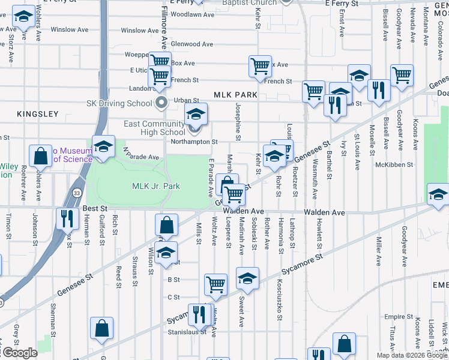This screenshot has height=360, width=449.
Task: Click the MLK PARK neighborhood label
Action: click(235, 95)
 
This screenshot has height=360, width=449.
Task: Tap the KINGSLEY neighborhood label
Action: click(38, 113)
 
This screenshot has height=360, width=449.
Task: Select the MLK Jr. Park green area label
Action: click(156, 186)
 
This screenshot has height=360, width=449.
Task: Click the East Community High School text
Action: click(154, 128)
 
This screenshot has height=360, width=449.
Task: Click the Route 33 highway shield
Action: click(77, 193)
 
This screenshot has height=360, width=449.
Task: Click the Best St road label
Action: click(94, 208)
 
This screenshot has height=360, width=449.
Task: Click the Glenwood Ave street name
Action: click(192, 44)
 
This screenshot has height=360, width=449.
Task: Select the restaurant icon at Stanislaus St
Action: click(199, 314)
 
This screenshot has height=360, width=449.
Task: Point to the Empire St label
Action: click(396, 317)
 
